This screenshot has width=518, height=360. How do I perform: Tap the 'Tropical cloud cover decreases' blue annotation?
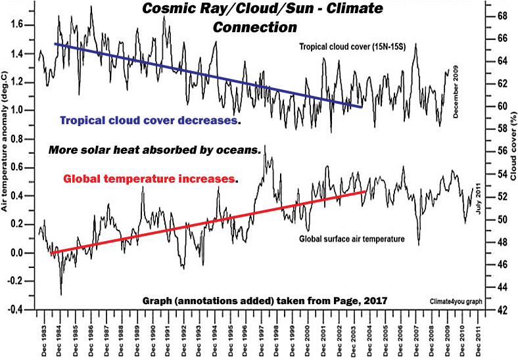[149, 121]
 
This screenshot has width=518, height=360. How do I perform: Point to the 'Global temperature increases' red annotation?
[149, 178]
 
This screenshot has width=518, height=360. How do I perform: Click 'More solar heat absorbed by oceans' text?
[154, 150]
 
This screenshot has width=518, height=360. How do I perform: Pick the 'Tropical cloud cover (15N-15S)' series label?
[352, 47]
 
